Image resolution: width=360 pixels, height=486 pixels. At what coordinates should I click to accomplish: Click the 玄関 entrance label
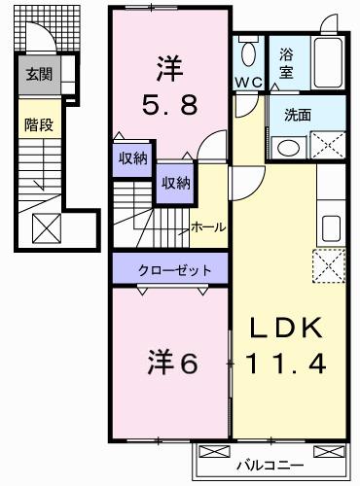[40, 74]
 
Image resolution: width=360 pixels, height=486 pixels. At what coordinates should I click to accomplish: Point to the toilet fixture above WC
[249, 52]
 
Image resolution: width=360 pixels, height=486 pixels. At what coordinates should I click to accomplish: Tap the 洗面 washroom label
[297, 115]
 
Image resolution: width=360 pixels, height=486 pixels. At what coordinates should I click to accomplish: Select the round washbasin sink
[288, 149]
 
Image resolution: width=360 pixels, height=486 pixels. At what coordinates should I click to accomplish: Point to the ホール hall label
[208, 226]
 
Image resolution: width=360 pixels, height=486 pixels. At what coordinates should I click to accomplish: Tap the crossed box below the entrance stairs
[46, 228]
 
